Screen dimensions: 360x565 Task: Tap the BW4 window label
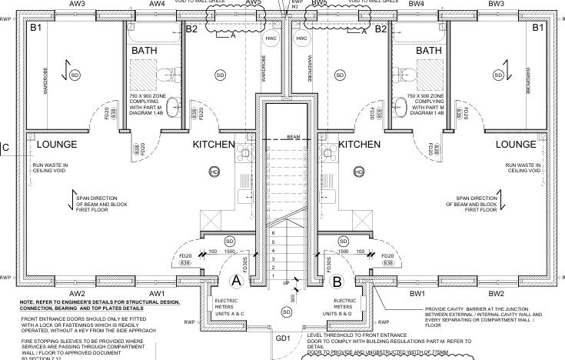[x=417, y=4]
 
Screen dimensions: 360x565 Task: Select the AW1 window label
[x=158, y=294]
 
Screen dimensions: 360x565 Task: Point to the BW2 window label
[x=495, y=294]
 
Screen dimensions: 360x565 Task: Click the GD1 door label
[x=283, y=338]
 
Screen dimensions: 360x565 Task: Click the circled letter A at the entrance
[x=237, y=282]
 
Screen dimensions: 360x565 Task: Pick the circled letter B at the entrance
[x=336, y=282]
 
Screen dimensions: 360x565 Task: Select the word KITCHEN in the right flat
[x=360, y=144]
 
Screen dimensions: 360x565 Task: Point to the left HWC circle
[x=271, y=38]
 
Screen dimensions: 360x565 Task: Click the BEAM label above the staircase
[x=294, y=137]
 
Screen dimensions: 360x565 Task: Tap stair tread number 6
[x=273, y=232]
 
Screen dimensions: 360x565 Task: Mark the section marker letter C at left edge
[x=5, y=148]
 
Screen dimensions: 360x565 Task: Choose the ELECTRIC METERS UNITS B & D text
[x=344, y=307]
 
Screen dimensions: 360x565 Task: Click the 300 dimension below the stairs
[x=292, y=299]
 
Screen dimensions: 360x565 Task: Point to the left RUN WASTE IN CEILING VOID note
[x=49, y=168]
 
